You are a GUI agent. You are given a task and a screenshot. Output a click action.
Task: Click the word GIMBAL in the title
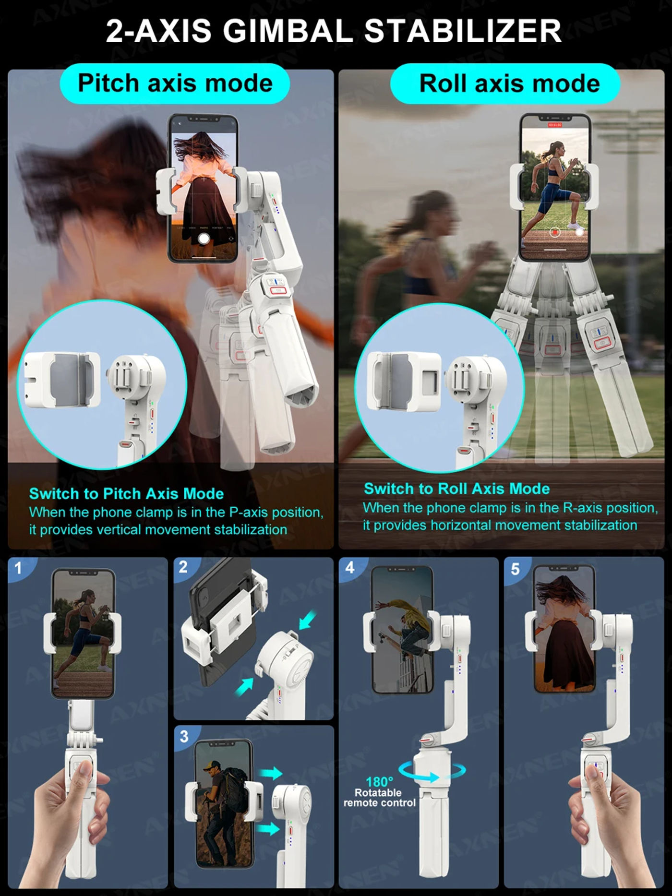coord(288,31)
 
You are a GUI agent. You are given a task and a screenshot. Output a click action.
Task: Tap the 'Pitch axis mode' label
coord(175,83)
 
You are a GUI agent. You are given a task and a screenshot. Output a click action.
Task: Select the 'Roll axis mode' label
coord(505,83)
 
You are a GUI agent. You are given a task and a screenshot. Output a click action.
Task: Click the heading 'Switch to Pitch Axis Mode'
coord(126,494)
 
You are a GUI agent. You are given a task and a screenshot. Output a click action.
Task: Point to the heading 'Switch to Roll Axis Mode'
coord(456,489)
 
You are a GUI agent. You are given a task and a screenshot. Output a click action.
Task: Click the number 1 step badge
coord(18,568)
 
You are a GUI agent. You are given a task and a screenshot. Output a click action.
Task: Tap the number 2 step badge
coord(183,567)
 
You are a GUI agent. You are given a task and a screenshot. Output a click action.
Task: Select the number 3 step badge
coord(184,736)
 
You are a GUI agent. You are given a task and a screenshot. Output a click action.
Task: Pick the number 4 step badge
coord(350,568)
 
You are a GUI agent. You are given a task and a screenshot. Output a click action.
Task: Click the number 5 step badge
coord(515,569)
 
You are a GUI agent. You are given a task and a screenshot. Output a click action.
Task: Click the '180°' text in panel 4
coord(379,782)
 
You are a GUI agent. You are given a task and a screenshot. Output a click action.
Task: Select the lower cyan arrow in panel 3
coord(268,829)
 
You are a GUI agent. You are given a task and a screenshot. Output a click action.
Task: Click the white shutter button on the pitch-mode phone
coord(204,239)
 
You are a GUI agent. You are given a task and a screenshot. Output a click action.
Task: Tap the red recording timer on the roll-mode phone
coord(555,125)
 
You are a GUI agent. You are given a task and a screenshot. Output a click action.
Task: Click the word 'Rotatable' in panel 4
coord(378,793)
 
